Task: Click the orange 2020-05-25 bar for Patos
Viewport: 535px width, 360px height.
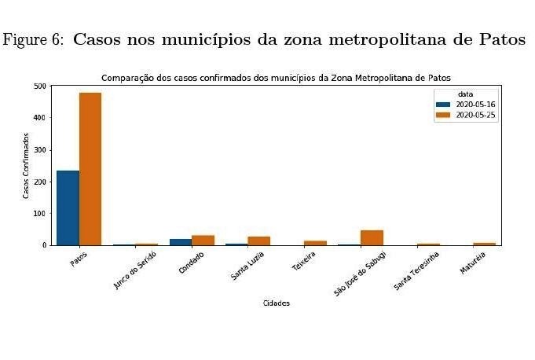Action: [90, 169]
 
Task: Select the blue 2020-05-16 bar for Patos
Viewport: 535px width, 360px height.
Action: [68, 208]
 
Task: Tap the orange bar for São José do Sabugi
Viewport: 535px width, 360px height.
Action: [372, 237]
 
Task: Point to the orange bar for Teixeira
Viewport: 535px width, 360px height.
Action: [315, 243]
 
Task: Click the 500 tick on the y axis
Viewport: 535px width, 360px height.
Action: [40, 86]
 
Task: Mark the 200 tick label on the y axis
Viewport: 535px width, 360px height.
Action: [40, 182]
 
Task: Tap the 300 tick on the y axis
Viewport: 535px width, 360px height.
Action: [40, 149]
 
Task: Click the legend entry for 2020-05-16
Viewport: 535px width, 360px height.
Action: [475, 105]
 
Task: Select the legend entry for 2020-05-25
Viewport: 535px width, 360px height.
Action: [475, 115]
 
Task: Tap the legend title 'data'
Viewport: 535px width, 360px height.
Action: [467, 94]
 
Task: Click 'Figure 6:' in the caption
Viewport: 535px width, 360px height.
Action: [33, 40]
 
